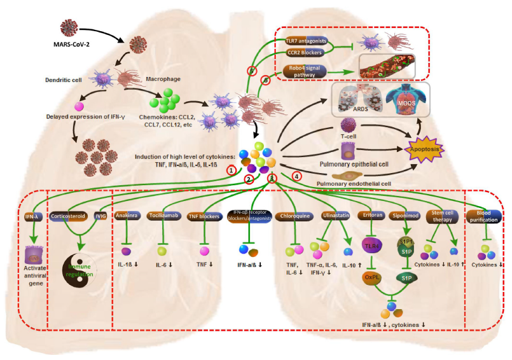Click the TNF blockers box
(x=204, y=216)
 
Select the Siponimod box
(x=406, y=216)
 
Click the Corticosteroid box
(x=69, y=216)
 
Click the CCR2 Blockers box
(x=306, y=53)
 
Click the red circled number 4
(x=295, y=176)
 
